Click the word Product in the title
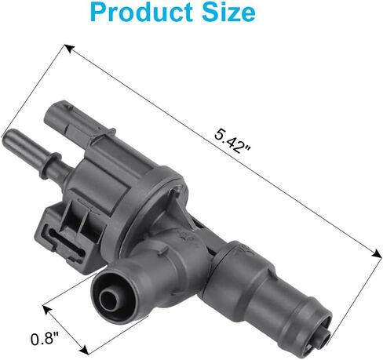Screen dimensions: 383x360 click(x=142, y=12)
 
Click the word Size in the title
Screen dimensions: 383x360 click(x=228, y=12)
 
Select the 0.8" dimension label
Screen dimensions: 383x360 click(x=44, y=339)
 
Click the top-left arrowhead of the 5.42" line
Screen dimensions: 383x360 click(x=69, y=49)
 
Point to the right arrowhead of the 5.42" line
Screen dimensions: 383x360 click(x=377, y=253)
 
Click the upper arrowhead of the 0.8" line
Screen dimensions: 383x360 click(x=46, y=309)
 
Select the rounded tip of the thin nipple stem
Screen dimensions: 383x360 click(x=8, y=136)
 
